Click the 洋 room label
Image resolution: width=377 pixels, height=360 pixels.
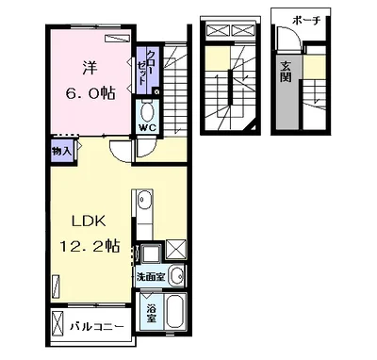point(90,68)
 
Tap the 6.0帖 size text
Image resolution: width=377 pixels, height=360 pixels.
point(90,93)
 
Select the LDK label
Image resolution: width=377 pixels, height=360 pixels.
point(89,221)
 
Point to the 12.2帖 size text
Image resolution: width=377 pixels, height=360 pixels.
point(90,246)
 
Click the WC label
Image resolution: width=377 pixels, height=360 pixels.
point(147,127)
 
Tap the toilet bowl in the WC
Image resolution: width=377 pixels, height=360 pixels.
point(147,112)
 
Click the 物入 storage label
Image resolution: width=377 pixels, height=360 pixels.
point(61,152)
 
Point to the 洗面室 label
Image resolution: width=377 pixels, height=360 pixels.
point(151,277)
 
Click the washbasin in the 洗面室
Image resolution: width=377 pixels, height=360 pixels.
point(176,275)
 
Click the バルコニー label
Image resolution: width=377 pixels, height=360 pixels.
point(96,326)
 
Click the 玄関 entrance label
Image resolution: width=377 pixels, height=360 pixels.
point(286,72)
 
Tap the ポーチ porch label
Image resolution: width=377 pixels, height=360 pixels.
point(306,21)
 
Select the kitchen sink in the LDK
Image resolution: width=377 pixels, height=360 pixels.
point(144,200)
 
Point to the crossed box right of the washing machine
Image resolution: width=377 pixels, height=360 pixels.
point(174,249)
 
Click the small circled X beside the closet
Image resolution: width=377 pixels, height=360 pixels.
point(157,91)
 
